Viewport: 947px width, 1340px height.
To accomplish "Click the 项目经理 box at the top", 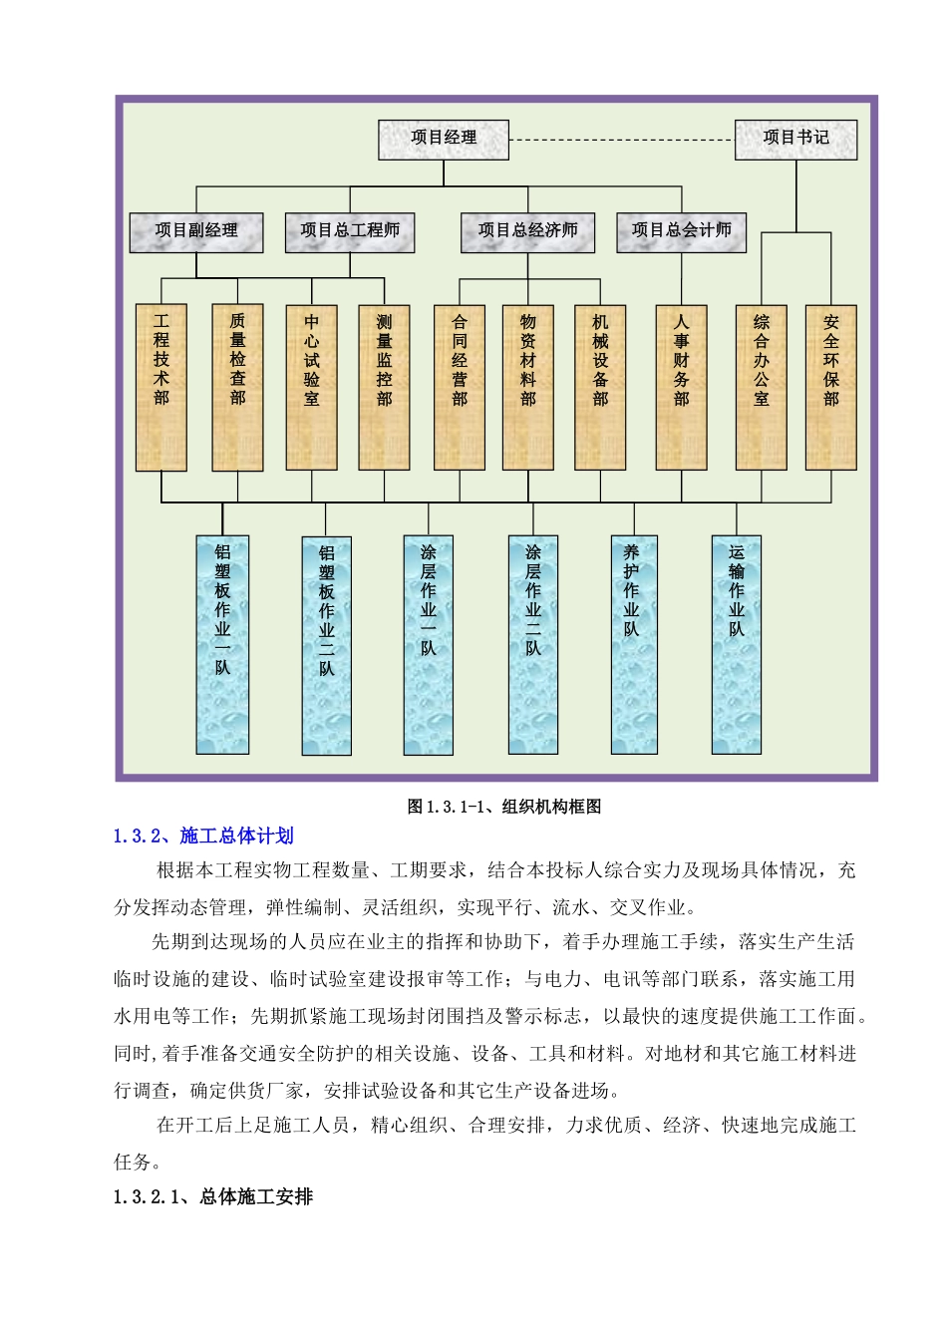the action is click(444, 140).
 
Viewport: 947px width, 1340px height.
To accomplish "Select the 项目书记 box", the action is click(795, 140).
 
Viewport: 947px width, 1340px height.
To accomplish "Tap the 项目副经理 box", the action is click(196, 232).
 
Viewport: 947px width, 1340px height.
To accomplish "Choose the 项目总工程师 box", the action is click(350, 232).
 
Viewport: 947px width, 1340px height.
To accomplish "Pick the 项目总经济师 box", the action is click(527, 232).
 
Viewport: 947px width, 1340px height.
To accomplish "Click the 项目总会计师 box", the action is click(681, 232).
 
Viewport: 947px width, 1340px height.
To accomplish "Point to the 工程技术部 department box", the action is click(161, 387).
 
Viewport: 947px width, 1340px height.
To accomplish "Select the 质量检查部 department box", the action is click(237, 387).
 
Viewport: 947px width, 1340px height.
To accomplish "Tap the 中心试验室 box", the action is click(312, 387).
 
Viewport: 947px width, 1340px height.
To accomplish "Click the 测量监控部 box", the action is click(385, 387).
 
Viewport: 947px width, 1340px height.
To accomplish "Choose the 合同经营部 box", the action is click(460, 387).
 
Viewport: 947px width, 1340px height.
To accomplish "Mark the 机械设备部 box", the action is click(600, 387).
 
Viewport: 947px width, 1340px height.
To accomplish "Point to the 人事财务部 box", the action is click(681, 387).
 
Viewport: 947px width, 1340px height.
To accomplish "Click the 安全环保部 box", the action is click(831, 387).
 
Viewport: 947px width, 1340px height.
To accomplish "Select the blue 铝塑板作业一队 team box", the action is click(222, 644).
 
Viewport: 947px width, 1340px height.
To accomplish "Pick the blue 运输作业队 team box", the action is click(737, 644).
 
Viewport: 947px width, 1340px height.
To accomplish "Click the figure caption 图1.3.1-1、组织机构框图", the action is click(504, 807).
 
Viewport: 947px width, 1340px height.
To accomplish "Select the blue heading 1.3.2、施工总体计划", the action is click(203, 837).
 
